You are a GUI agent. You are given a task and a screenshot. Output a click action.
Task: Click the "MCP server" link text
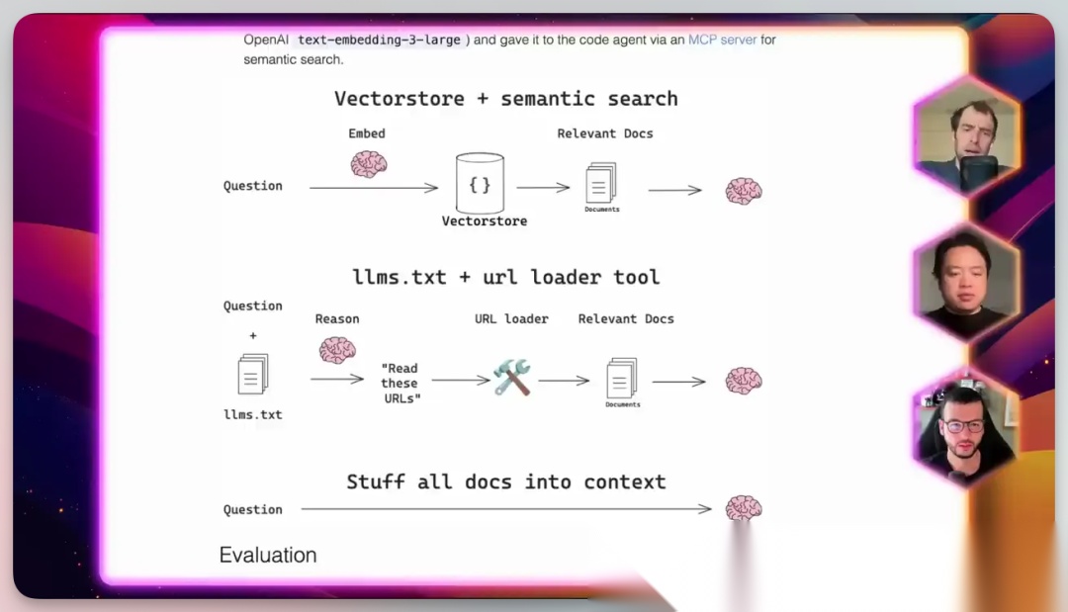[x=722, y=40]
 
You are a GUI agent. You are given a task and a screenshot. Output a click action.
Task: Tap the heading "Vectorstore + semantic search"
[x=505, y=99]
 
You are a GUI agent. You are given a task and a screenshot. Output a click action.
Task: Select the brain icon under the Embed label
[x=369, y=163]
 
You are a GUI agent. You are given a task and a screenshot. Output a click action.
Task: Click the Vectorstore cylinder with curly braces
[x=480, y=185]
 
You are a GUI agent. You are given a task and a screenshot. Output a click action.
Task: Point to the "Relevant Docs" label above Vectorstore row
[x=605, y=133]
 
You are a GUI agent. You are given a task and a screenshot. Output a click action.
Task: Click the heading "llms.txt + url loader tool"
[x=505, y=277]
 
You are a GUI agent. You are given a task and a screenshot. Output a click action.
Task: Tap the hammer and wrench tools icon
[x=512, y=378]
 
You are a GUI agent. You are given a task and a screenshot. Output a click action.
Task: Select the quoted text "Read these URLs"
[x=400, y=383]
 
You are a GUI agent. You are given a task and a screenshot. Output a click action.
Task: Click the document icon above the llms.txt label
[x=253, y=375]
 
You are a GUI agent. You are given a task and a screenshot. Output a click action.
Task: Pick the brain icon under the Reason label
[x=337, y=349]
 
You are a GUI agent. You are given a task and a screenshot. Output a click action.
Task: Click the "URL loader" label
[x=511, y=318]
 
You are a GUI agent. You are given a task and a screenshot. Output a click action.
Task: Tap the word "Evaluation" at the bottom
[x=268, y=555]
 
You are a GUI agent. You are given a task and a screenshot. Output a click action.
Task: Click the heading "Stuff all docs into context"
[x=505, y=482]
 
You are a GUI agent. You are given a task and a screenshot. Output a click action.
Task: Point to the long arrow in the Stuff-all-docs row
[x=505, y=509]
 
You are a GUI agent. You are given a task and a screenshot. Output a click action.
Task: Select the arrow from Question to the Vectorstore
[x=373, y=187]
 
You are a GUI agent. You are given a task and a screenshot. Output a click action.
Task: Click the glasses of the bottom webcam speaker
[x=963, y=426]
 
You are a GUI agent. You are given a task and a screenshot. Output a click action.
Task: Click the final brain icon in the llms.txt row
[x=744, y=381]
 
